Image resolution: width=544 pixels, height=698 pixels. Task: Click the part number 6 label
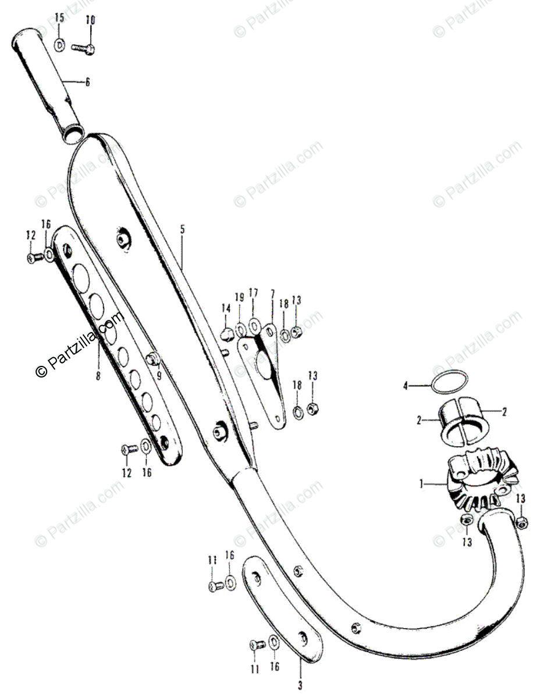tap(87, 83)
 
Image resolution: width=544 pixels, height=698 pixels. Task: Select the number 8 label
tap(98, 376)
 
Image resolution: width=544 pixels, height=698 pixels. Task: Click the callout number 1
tap(421, 483)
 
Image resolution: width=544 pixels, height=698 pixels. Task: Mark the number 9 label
tap(158, 375)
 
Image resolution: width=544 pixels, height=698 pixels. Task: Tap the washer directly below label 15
tap(60, 44)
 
